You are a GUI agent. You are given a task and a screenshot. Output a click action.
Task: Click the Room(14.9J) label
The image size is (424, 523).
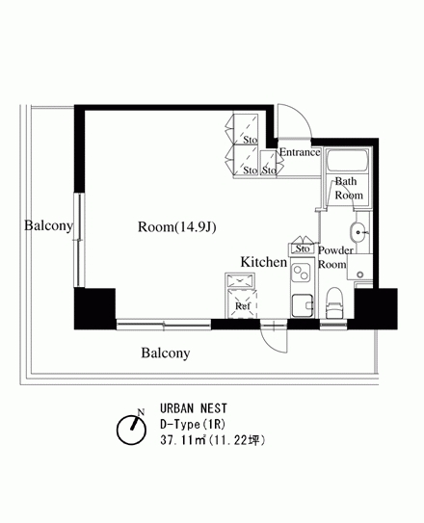tap(177, 227)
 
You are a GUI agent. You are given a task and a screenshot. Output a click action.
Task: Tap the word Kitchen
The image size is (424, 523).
tap(264, 262)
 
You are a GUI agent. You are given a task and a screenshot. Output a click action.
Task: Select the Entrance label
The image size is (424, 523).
tap(300, 152)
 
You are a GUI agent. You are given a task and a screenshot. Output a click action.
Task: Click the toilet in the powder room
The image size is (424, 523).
tap(334, 302)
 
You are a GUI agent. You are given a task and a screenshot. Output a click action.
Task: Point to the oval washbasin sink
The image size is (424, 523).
tap(358, 231)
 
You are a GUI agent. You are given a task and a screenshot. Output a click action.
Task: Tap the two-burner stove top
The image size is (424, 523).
tap(302, 272)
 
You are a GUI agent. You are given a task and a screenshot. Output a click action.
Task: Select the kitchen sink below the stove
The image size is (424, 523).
tap(303, 305)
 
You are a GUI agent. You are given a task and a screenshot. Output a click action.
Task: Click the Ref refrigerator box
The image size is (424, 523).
tap(242, 304)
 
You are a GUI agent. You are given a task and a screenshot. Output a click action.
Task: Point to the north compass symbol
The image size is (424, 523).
tap(131, 429)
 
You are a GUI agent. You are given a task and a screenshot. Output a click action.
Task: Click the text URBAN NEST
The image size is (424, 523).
tap(194, 408)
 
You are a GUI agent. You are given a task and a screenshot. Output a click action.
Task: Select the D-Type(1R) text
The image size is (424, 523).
tap(193, 424)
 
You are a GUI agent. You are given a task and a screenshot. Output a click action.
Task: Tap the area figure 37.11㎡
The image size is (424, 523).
tap(183, 440)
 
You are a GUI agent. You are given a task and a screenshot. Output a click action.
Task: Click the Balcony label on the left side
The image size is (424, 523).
tap(48, 226)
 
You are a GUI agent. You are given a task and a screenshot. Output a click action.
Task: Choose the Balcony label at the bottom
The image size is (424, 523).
tap(166, 353)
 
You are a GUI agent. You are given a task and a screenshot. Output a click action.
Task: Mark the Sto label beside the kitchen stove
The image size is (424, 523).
tap(303, 248)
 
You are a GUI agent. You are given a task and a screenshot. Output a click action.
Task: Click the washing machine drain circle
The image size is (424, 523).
tap(360, 275)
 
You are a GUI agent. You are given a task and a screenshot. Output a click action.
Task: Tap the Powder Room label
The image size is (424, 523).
tap(335, 257)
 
